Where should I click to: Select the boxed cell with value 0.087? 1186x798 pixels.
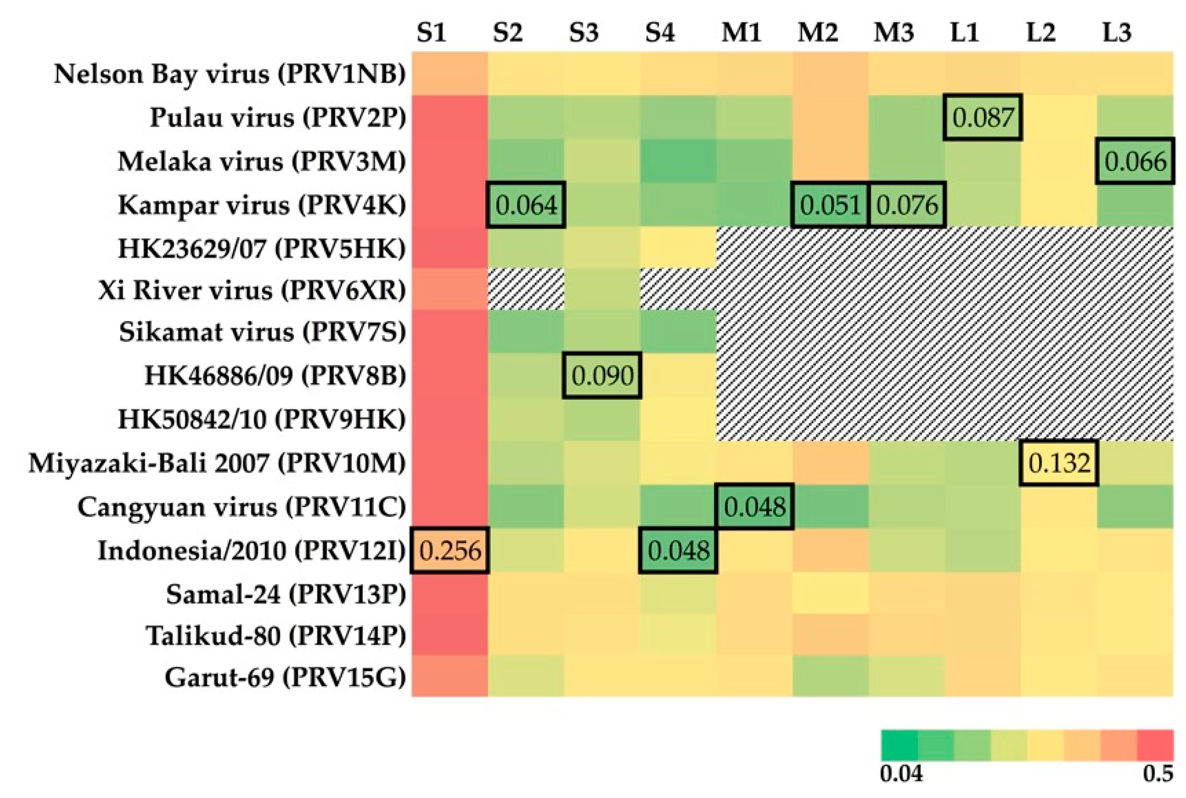pos(982,117)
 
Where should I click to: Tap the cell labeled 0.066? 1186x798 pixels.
pos(1135,161)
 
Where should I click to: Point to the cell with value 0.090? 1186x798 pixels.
pos(602,375)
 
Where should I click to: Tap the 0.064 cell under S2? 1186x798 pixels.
pos(526,205)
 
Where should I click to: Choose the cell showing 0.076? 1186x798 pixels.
pos(907,205)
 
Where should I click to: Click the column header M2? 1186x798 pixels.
pos(817,33)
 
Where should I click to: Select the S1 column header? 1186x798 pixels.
pos(431,33)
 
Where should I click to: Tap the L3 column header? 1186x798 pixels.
pos(1116,33)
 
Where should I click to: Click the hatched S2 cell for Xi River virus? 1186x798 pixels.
pos(526,289)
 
